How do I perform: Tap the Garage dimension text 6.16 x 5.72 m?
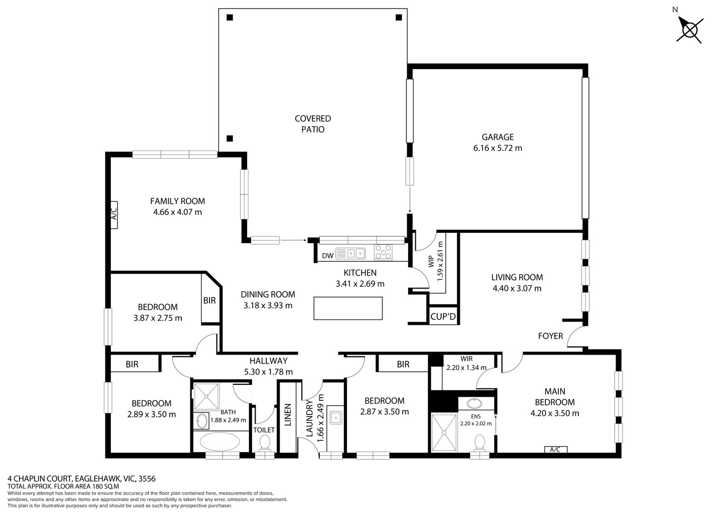[498, 148]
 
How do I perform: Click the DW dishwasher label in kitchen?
[328, 256]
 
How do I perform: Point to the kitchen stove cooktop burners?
[383, 253]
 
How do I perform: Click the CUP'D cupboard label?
[443, 316]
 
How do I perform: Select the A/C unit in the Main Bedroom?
[555, 449]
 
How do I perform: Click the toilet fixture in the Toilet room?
[264, 443]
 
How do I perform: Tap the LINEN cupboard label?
[287, 415]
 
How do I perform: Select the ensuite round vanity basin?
[475, 403]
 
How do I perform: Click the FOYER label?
[550, 336]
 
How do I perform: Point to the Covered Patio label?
[313, 124]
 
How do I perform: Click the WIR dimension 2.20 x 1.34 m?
[466, 368]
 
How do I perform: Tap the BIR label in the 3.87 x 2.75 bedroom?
[209, 301]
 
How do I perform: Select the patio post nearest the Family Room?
[230, 139]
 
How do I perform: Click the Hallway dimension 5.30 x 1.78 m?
[268, 372]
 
